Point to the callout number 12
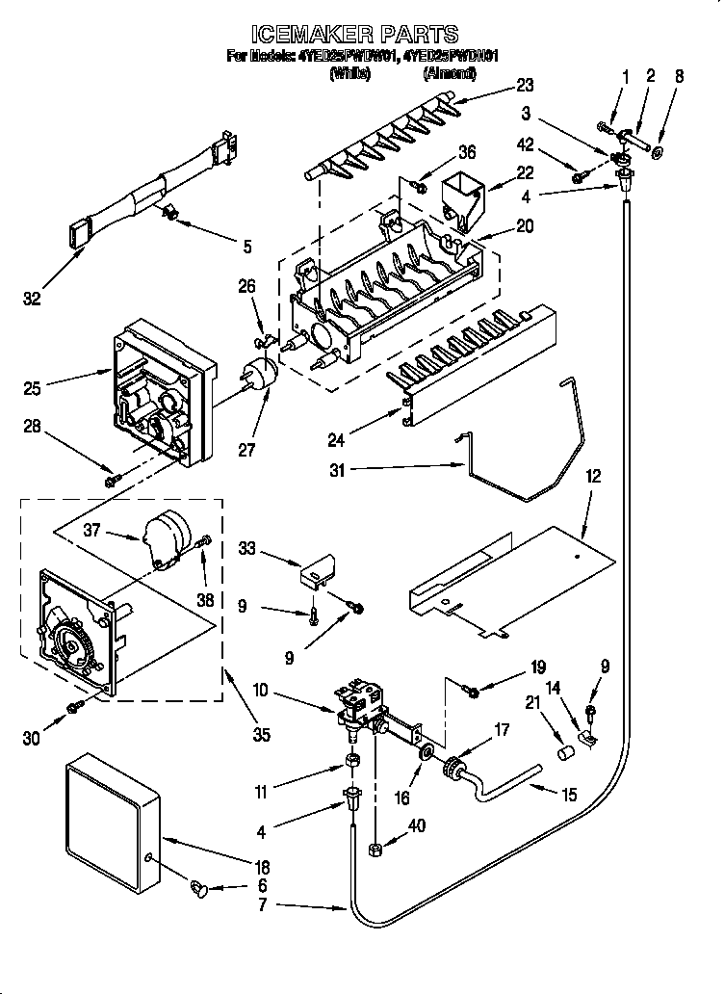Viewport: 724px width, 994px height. (593, 476)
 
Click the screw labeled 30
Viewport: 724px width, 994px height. (74, 710)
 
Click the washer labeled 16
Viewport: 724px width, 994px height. (425, 750)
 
